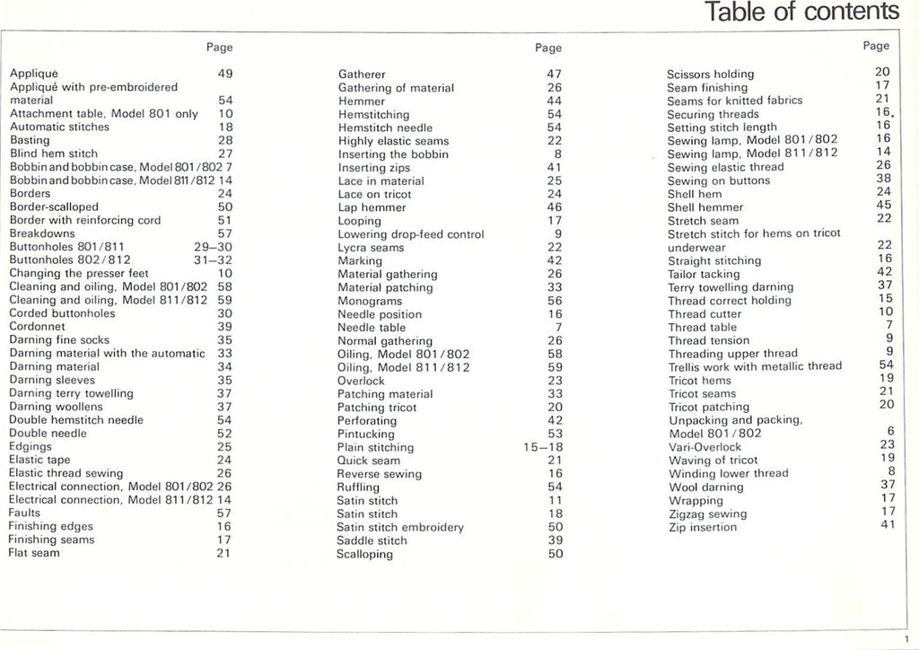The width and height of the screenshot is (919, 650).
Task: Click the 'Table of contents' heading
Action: (x=801, y=13)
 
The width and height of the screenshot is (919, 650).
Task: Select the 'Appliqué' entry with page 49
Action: (x=33, y=74)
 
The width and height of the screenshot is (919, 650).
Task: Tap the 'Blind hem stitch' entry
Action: (x=53, y=154)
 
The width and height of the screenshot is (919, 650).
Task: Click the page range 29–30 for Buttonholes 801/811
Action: (x=214, y=247)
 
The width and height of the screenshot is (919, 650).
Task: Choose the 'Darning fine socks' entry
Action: (x=59, y=340)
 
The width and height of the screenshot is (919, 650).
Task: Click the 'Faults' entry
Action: (x=25, y=514)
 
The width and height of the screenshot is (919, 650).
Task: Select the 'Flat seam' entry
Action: (x=34, y=553)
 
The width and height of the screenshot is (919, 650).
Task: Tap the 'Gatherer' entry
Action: (x=362, y=75)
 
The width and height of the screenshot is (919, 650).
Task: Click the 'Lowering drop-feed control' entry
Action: (x=410, y=234)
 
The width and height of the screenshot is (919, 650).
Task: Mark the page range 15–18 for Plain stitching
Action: (x=543, y=447)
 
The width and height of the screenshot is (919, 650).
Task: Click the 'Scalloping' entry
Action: (x=364, y=554)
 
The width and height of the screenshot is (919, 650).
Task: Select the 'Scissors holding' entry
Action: (x=710, y=75)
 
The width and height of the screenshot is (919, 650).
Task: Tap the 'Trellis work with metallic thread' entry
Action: (x=755, y=366)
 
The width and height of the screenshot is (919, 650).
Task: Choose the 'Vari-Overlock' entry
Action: (x=705, y=446)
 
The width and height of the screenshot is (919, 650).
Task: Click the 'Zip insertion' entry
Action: (x=702, y=527)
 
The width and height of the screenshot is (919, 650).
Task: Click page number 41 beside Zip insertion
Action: (x=888, y=525)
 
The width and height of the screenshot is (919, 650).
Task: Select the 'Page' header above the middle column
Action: (x=547, y=48)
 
